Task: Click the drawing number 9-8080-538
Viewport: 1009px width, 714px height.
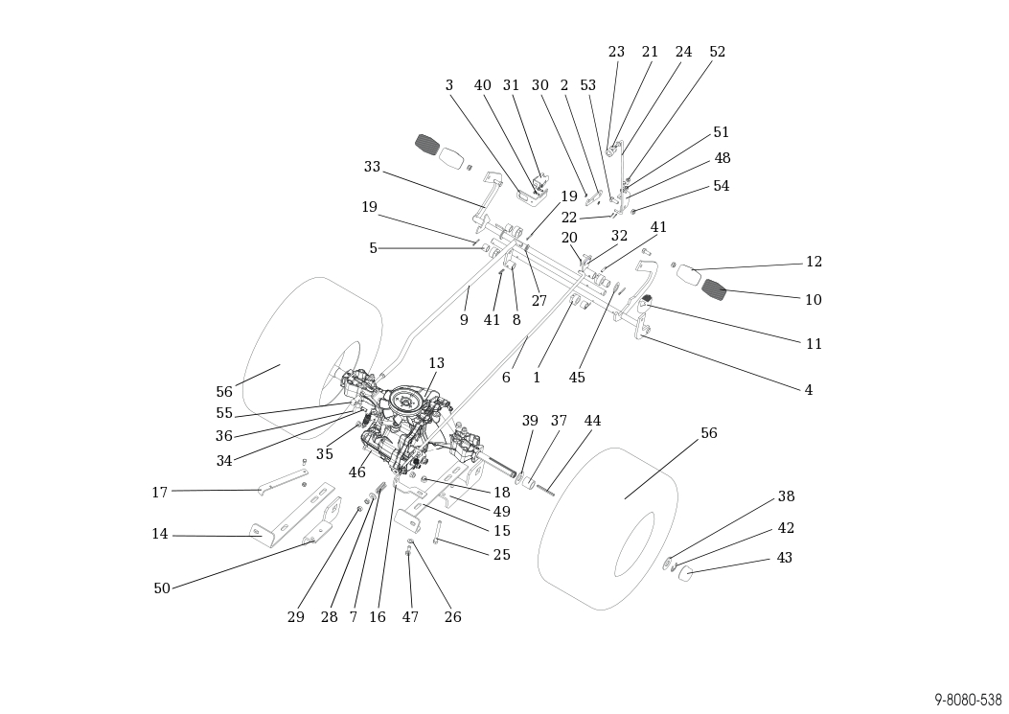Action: (x=968, y=700)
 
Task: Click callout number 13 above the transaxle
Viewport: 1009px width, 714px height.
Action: (x=436, y=363)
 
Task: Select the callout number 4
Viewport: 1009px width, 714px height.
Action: (x=808, y=390)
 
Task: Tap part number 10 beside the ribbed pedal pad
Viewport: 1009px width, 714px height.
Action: (x=813, y=300)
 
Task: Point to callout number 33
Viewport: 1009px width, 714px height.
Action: (x=372, y=167)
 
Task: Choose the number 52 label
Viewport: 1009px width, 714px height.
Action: (x=717, y=52)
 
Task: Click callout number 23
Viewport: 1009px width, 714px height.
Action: (x=616, y=52)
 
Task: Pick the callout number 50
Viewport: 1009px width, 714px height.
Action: (x=162, y=588)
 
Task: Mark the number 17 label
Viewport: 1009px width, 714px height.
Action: (x=159, y=493)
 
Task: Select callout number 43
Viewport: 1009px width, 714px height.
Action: (x=784, y=558)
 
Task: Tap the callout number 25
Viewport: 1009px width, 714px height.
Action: (x=502, y=555)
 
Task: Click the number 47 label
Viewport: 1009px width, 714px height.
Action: (x=410, y=617)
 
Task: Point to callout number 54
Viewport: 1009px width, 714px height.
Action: (x=721, y=186)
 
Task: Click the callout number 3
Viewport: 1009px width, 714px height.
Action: (x=448, y=85)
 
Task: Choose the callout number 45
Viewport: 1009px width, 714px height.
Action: (x=577, y=378)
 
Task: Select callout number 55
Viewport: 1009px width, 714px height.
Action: (x=224, y=413)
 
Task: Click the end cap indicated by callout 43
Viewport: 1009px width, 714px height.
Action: (x=685, y=572)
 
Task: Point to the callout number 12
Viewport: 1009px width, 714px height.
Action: (x=814, y=262)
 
